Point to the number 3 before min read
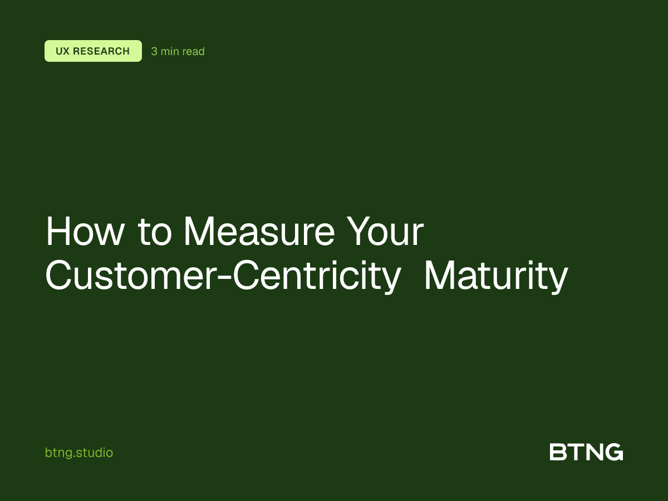click(154, 52)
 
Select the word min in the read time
click(169, 52)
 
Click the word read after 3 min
click(193, 52)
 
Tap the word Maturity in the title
click(495, 277)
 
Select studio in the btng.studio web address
click(95, 453)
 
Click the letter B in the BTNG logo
click(558, 452)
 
